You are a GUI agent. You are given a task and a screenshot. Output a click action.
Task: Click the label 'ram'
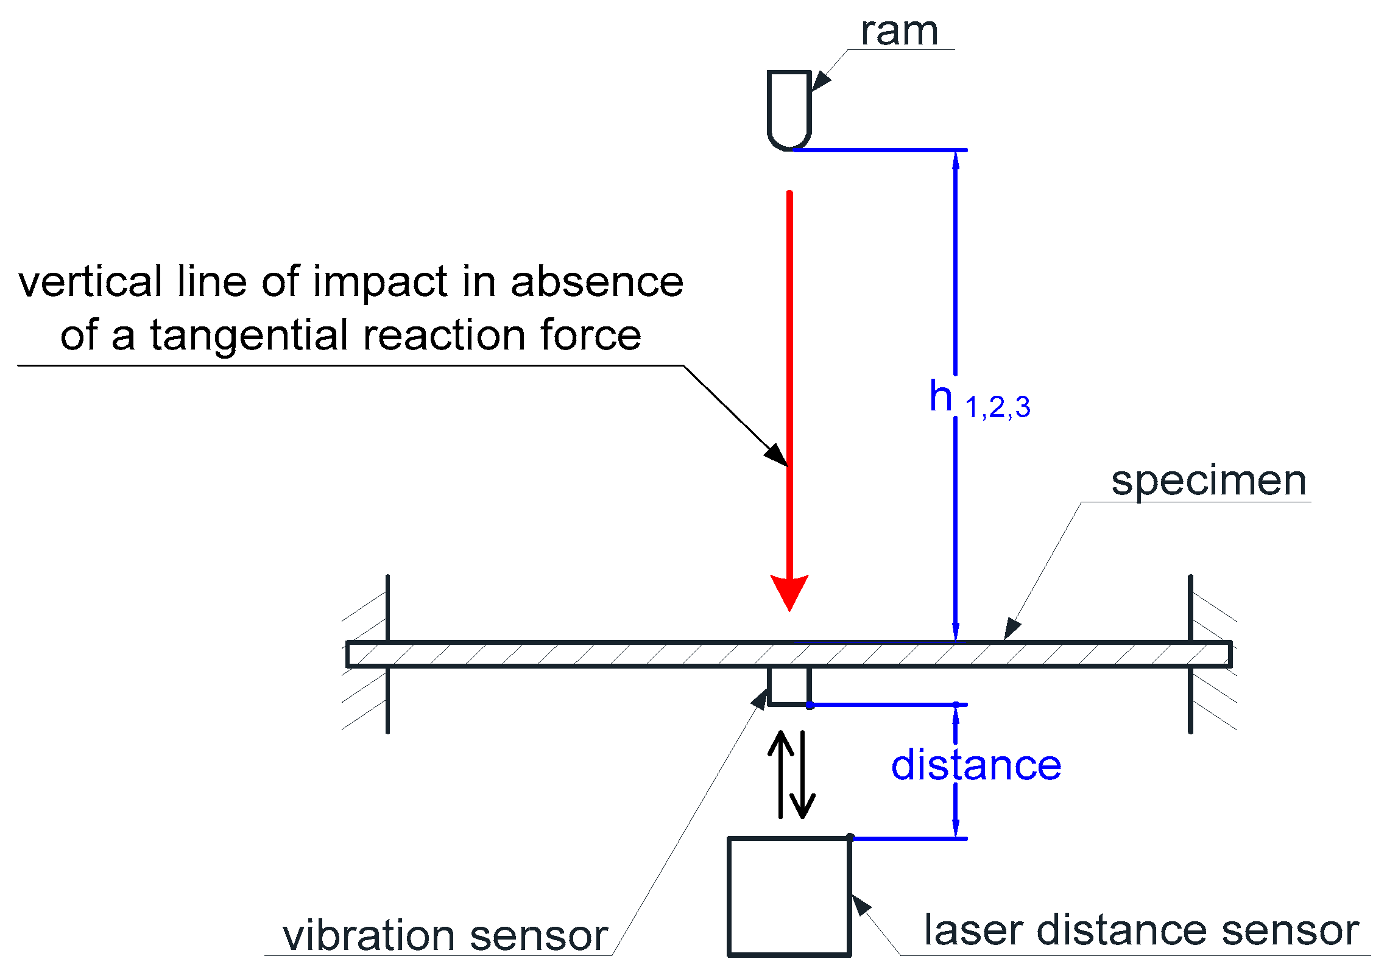click(898, 32)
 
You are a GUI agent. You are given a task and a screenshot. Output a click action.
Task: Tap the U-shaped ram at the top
click(789, 110)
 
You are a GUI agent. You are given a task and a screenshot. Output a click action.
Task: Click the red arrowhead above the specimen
click(789, 591)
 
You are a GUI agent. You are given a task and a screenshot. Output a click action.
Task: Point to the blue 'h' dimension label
click(941, 396)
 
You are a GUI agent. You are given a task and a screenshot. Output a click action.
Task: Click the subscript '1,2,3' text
click(997, 407)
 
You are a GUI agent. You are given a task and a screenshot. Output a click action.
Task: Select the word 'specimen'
click(1209, 481)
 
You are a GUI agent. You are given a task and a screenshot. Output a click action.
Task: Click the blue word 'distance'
click(976, 765)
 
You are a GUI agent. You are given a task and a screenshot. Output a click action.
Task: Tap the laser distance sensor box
click(789, 896)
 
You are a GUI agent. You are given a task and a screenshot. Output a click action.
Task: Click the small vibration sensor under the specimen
click(789, 686)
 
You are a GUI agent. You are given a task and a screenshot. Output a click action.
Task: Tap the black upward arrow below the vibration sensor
click(780, 773)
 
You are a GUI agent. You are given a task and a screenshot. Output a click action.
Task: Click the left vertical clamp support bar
click(387, 654)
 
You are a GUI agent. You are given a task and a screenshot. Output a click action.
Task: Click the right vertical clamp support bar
click(1190, 654)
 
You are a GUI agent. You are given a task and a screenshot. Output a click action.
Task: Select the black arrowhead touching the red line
click(776, 454)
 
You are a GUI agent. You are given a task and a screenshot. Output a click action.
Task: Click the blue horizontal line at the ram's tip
click(880, 150)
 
